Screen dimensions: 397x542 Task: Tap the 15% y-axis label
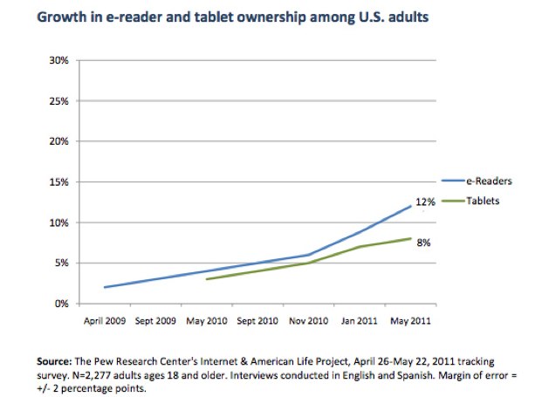point(58,182)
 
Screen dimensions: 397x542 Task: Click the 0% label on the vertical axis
point(60,304)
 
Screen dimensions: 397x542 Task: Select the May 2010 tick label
point(205,321)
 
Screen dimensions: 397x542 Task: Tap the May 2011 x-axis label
point(410,321)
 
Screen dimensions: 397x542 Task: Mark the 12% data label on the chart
point(425,202)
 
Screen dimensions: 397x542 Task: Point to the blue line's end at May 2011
point(410,207)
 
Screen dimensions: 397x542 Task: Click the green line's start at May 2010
point(206,279)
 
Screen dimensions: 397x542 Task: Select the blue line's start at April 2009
point(104,287)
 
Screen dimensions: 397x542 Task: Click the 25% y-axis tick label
point(58,101)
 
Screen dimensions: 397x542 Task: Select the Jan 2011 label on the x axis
point(359,321)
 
